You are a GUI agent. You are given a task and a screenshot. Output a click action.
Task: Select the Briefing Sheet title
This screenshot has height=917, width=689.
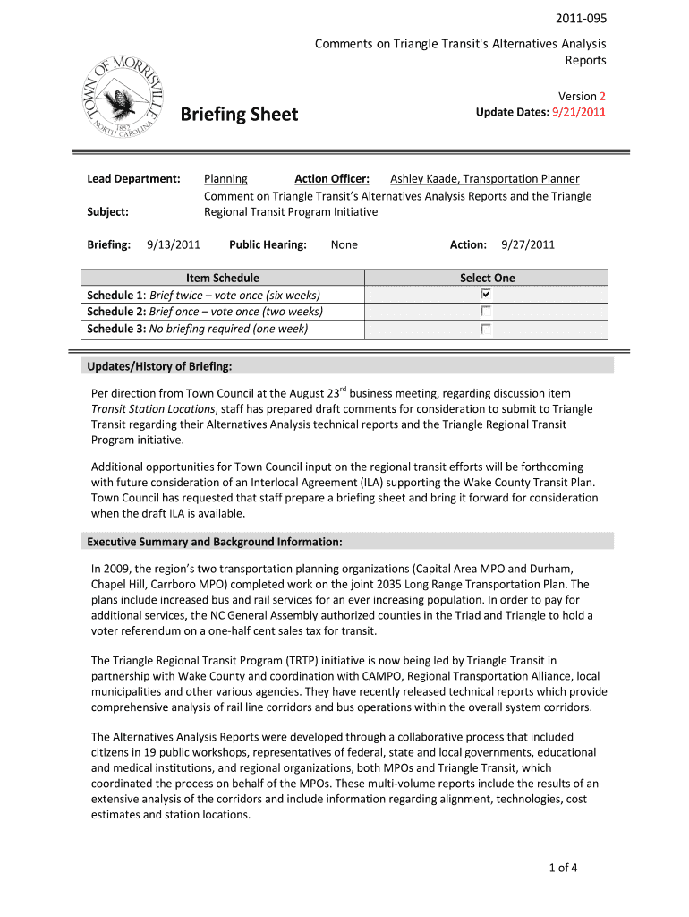[x=239, y=115]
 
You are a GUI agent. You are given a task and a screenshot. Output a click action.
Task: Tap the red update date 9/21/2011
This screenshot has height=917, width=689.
[x=579, y=112]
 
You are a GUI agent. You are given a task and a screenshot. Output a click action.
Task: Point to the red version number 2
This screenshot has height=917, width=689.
[x=603, y=96]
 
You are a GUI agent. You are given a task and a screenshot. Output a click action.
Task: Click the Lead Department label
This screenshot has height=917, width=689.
[x=133, y=179]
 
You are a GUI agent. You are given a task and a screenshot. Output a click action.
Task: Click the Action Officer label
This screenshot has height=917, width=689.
[x=332, y=179]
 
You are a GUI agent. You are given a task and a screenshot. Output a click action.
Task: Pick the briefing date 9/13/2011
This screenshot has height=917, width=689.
[x=173, y=244]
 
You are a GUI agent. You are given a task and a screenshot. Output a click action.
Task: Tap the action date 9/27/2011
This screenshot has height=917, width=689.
[x=528, y=244]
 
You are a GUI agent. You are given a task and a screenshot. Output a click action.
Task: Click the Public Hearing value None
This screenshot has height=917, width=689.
[x=344, y=244]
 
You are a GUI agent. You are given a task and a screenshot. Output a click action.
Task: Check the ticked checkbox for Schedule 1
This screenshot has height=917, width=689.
[x=486, y=295]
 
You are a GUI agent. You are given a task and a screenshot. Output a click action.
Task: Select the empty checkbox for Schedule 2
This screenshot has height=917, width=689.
[x=486, y=312]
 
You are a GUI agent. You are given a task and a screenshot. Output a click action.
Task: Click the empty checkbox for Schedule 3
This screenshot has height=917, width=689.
[x=486, y=329]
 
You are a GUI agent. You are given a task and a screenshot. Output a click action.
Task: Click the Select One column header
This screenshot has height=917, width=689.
[x=487, y=278]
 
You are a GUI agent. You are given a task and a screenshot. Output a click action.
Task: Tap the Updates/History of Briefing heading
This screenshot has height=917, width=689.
[x=159, y=366]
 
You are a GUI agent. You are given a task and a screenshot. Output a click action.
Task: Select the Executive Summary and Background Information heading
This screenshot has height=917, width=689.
[x=214, y=542]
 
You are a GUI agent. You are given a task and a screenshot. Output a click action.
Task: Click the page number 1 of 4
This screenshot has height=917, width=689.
[x=564, y=867]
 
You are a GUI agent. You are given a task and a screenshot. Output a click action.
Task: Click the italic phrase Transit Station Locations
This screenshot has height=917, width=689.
[x=153, y=408]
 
